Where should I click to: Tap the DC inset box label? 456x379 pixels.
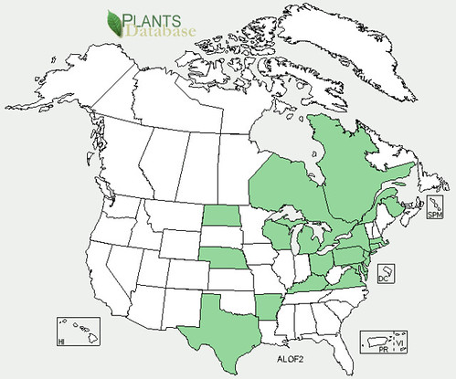point(385,279)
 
